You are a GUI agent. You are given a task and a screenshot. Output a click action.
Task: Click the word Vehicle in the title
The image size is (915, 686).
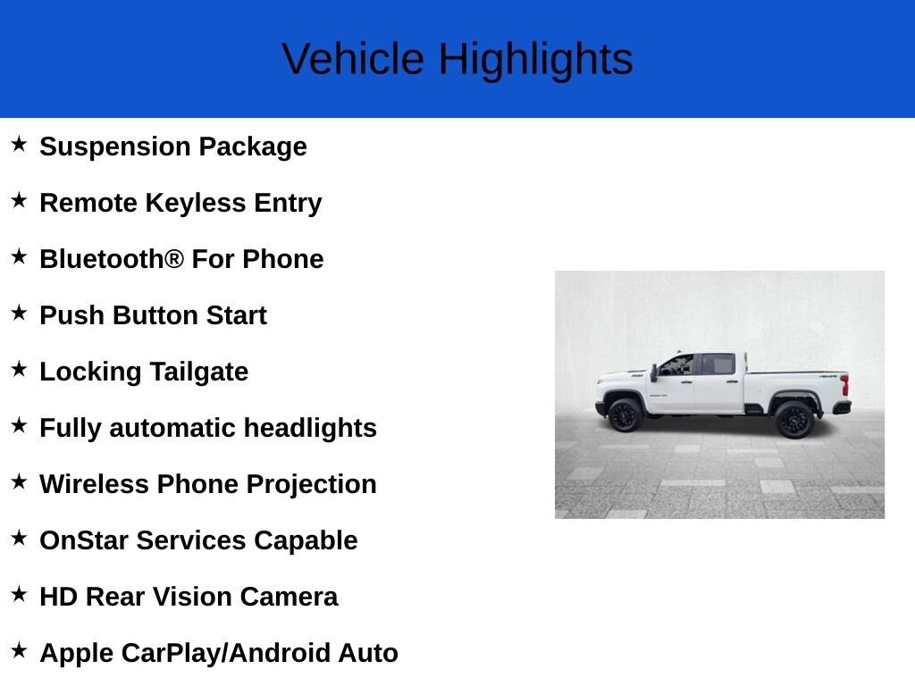353,58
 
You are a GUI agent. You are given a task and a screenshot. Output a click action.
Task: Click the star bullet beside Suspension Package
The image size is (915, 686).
19,144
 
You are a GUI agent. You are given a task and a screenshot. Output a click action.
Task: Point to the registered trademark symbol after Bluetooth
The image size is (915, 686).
174,258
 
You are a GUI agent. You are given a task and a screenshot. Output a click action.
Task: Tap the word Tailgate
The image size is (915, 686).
199,372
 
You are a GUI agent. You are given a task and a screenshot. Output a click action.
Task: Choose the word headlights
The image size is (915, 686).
310,428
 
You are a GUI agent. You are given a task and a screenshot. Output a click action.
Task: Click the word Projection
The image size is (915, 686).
312,485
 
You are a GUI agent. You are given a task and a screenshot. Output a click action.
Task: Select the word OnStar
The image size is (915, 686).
84,540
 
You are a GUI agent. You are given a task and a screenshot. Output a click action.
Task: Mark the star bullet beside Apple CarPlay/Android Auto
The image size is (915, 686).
19,650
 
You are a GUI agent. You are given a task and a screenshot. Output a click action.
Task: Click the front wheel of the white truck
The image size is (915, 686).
625,414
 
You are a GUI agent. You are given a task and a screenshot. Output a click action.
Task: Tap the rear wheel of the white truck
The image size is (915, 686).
793,420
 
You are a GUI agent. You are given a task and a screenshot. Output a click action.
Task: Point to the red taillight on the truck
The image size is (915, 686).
844,385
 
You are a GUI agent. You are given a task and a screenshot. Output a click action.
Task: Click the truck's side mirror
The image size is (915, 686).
654,372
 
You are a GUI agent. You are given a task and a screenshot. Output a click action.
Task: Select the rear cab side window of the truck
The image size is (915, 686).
718,364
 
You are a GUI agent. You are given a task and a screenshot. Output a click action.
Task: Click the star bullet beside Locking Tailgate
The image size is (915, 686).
19,369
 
